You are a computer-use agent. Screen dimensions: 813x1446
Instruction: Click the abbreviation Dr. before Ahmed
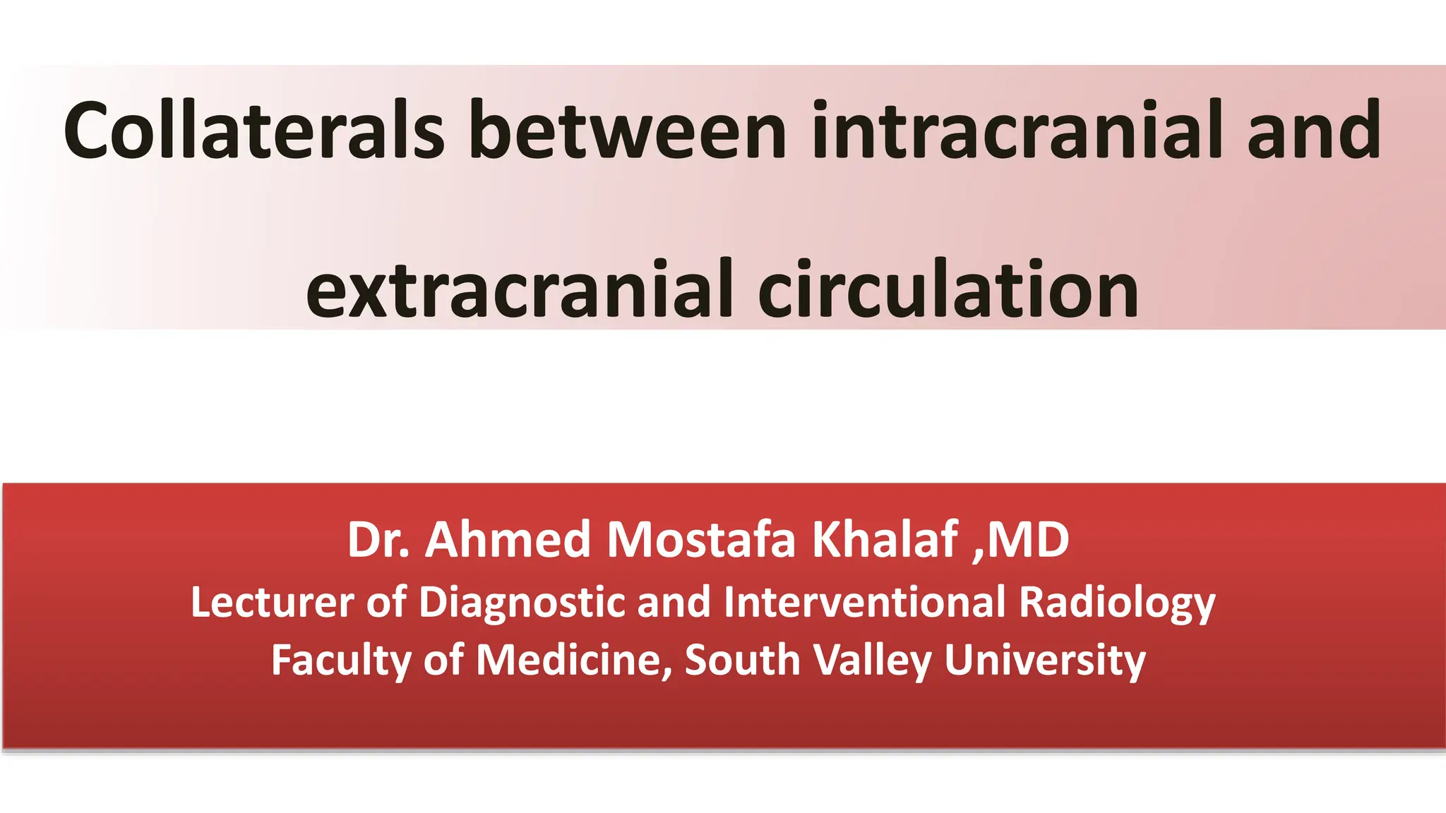pos(378,540)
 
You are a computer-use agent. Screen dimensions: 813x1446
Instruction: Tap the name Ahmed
pos(508,540)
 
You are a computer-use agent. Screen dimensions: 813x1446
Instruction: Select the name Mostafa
pos(702,540)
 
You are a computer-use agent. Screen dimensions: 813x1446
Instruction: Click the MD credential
pos(1028,540)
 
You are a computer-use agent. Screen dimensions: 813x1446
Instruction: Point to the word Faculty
pos(341,661)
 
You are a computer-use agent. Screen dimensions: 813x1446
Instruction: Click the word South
pos(742,661)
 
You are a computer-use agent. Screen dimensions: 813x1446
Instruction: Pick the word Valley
pos(873,661)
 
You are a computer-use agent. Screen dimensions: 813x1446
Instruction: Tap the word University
pos(1045,661)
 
